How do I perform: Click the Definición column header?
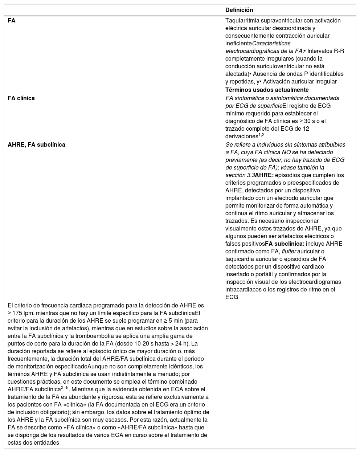(x=239, y=10)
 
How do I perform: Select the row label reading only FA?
(x=12, y=21)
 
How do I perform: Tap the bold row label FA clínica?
(x=21, y=98)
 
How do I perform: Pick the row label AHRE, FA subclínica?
(x=37, y=144)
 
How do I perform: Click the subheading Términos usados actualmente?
(x=267, y=90)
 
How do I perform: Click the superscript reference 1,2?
(x=261, y=135)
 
